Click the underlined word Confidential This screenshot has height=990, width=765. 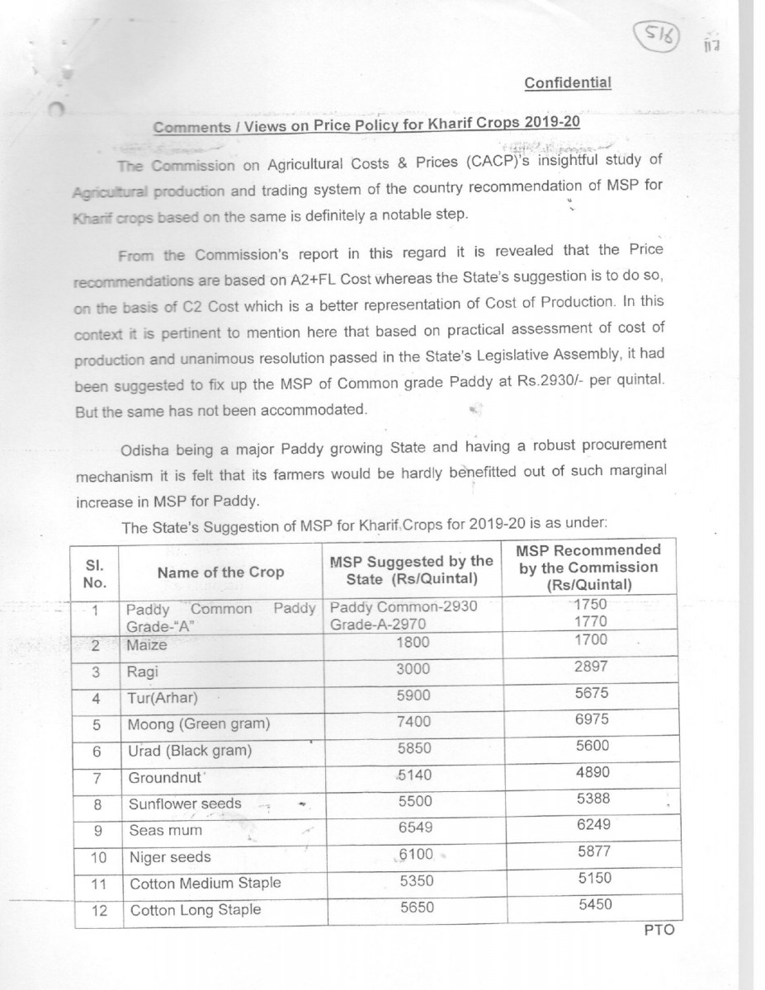[x=567, y=82]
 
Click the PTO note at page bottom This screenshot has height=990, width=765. [x=659, y=930]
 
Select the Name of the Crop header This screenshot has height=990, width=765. [x=220, y=572]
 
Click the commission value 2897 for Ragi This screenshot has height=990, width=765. [x=589, y=666]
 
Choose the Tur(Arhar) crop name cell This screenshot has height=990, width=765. [x=163, y=698]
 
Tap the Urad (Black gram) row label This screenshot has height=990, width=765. [x=190, y=751]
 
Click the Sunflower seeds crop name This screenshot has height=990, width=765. [x=186, y=804]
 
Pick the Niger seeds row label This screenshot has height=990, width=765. [x=171, y=857]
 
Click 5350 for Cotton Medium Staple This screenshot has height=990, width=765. [x=416, y=882]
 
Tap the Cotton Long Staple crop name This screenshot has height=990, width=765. [x=196, y=909]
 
